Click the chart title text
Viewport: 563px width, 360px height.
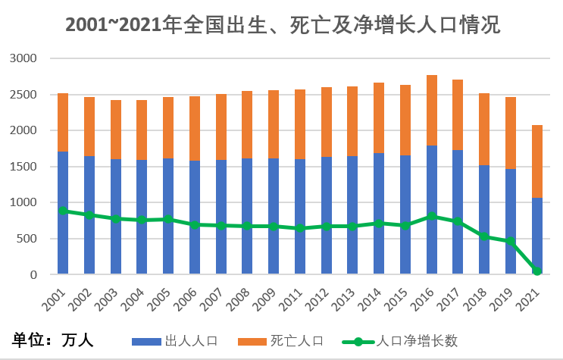coord(283,25)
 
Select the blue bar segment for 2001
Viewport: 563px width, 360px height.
coord(63,212)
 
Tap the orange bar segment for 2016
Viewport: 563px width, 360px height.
coord(432,110)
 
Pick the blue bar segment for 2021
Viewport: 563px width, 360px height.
coord(537,236)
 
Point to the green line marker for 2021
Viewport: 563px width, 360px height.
coord(537,271)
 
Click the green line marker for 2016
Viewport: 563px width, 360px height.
coord(432,217)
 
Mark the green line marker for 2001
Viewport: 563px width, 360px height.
coord(63,211)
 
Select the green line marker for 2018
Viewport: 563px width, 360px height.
coord(484,236)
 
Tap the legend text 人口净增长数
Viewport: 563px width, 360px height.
coord(418,341)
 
